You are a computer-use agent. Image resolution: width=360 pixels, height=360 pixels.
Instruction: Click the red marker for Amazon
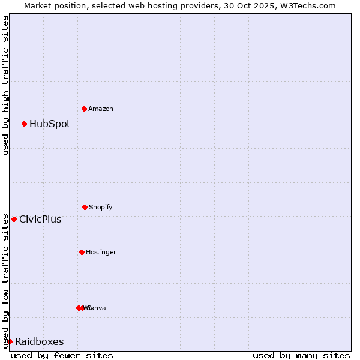click(84, 109)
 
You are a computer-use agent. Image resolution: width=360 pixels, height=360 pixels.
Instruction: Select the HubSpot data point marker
click(24, 124)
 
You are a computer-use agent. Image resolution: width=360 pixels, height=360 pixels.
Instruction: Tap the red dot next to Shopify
click(85, 207)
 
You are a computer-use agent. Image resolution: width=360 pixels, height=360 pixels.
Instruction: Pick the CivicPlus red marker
click(14, 219)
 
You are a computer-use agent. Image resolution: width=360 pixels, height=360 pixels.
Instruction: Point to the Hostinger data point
click(82, 252)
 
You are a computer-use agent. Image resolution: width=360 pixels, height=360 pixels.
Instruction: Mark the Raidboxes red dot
click(10, 341)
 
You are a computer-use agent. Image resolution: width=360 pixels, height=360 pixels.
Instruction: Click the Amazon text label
click(101, 109)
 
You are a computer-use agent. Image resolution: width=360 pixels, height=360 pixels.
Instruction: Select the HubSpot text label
click(50, 124)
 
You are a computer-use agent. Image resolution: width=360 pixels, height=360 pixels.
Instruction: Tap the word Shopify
click(101, 207)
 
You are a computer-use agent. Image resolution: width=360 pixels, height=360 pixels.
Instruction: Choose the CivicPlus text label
click(40, 220)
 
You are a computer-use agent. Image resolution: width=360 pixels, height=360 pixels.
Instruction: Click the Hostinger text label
click(101, 252)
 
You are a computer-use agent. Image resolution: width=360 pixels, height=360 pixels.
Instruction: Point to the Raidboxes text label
click(40, 342)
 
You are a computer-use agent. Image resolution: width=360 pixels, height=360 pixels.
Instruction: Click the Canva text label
click(97, 308)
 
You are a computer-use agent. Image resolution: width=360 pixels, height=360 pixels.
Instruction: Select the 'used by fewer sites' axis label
click(62, 355)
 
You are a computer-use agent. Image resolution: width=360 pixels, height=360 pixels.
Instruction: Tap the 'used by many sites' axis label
click(301, 355)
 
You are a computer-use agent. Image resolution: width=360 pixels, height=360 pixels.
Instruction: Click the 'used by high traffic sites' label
click(5, 85)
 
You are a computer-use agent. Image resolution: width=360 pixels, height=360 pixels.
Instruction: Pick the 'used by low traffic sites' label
click(5, 280)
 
